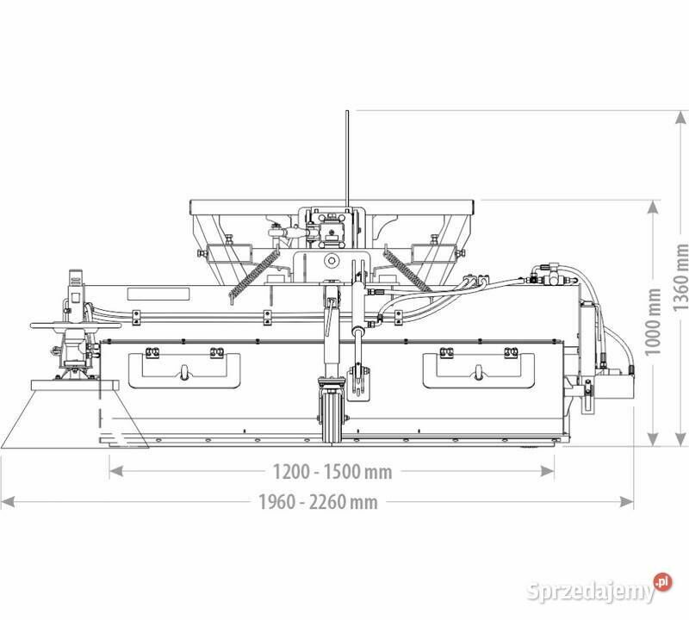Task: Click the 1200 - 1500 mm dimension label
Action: pyautogui.click(x=332, y=472)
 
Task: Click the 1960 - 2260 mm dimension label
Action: pyautogui.click(x=317, y=502)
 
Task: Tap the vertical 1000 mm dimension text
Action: pyautogui.click(x=654, y=322)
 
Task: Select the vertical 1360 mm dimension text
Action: pyautogui.click(x=680, y=276)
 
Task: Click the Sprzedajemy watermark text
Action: pyautogui.click(x=592, y=591)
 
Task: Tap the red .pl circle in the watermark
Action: pyautogui.click(x=662, y=583)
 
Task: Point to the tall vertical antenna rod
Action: pyautogui.click(x=347, y=159)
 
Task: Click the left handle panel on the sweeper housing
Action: pyautogui.click(x=184, y=370)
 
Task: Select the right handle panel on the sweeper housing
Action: pyautogui.click(x=479, y=370)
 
